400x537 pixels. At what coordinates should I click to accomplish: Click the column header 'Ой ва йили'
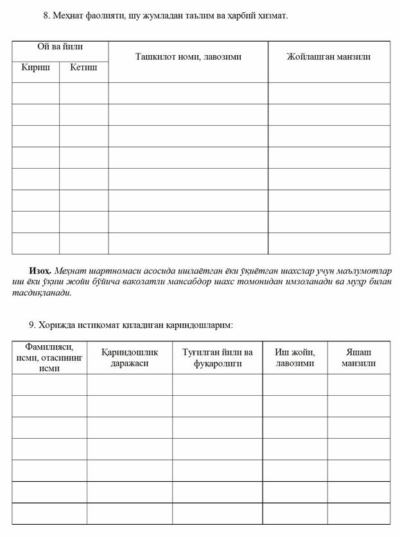click(x=60, y=47)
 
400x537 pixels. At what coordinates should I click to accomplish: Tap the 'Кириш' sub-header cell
click(x=35, y=67)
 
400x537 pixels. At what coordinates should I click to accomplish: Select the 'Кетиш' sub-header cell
click(x=83, y=67)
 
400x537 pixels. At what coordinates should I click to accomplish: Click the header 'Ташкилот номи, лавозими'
click(x=188, y=56)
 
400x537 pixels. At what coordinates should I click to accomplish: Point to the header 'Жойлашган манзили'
click(x=329, y=56)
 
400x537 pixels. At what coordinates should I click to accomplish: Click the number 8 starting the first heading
click(x=45, y=15)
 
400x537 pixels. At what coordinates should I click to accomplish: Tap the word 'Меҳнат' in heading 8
click(x=67, y=15)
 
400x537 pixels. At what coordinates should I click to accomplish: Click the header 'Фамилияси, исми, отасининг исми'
click(x=49, y=357)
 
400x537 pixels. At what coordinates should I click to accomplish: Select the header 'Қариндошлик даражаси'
click(x=130, y=357)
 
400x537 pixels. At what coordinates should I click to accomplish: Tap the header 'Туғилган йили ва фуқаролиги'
click(x=217, y=357)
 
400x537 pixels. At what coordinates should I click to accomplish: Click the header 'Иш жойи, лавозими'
click(x=295, y=357)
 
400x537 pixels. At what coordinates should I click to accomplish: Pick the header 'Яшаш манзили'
click(x=358, y=357)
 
